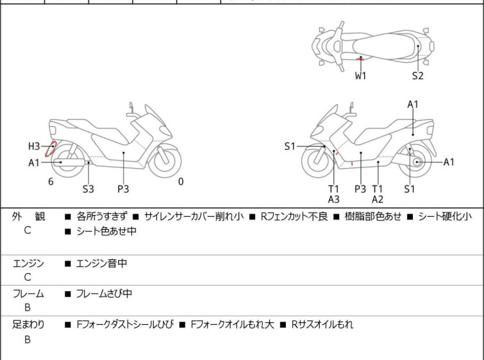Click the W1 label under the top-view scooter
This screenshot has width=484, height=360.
pyautogui.click(x=362, y=76)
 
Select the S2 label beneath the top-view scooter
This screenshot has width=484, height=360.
pyautogui.click(x=418, y=76)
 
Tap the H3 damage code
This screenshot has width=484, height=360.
pyautogui.click(x=34, y=146)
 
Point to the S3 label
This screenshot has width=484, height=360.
pyautogui.click(x=88, y=189)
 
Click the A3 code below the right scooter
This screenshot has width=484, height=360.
pyautogui.click(x=333, y=200)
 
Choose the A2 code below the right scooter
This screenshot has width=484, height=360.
pyautogui.click(x=378, y=200)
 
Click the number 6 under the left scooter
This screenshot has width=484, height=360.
pyautogui.click(x=51, y=182)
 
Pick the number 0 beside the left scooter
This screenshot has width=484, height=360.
pyautogui.click(x=181, y=182)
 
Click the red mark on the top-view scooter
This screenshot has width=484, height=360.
pyautogui.click(x=360, y=59)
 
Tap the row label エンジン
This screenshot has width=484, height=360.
pyautogui.click(x=28, y=263)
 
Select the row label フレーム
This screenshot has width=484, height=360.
pyautogui.click(x=28, y=294)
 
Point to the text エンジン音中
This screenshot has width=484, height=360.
pyautogui.click(x=102, y=263)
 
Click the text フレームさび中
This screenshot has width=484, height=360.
pyautogui.click(x=104, y=294)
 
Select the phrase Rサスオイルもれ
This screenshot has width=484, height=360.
pyautogui.click(x=322, y=325)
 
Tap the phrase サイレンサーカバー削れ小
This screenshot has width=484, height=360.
pyautogui.click(x=194, y=217)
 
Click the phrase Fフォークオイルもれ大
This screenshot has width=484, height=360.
pyautogui.click(x=232, y=325)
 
